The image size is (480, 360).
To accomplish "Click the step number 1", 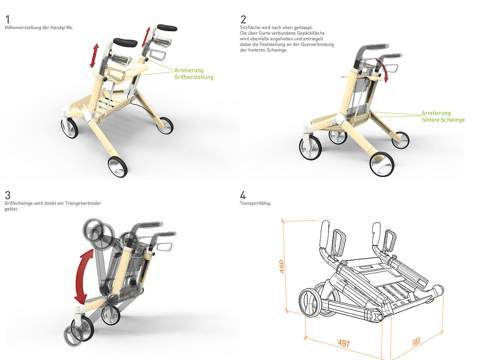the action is (8, 20).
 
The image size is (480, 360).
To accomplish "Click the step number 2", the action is (243, 20).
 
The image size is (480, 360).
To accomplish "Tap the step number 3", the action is (8, 195).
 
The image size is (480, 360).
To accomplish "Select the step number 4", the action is (243, 195).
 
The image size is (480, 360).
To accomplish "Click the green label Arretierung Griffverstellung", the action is (194, 74).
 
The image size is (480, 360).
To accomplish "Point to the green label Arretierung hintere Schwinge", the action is (443, 117).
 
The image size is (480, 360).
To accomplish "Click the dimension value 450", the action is (282, 266).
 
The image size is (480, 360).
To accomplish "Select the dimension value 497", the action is (344, 343).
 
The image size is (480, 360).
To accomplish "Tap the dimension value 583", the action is (416, 342).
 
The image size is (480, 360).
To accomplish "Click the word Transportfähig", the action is (255, 203).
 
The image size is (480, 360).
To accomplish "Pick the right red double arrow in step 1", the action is (146, 37).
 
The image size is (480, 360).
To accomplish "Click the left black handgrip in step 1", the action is (125, 42).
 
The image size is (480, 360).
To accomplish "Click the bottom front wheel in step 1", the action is (118, 167).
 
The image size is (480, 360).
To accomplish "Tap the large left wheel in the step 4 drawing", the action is (310, 302).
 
